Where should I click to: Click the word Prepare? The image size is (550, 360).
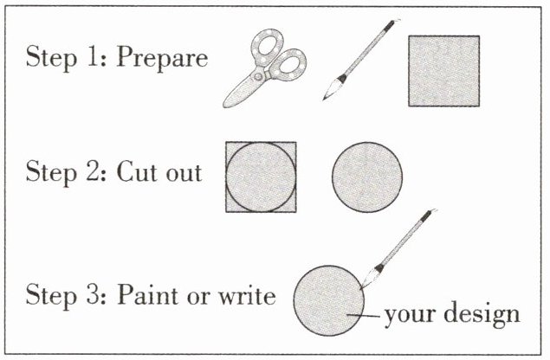tap(162, 58)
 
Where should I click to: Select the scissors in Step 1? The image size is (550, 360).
tap(265, 68)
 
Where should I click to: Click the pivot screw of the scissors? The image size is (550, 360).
tap(258, 76)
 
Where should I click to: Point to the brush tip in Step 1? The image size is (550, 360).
tap(324, 100)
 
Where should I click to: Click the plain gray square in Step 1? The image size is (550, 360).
tap(444, 71)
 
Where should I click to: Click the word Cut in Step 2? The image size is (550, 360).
tap(139, 171)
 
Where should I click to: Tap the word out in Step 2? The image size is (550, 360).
tap(184, 173)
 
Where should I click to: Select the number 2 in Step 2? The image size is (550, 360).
tap(93, 170)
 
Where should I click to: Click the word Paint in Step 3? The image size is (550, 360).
tap(147, 294)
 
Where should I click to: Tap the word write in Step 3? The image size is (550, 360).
tap(248, 295)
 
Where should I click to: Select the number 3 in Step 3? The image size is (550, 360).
tap(93, 294)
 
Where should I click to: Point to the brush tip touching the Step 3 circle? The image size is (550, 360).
tap(362, 288)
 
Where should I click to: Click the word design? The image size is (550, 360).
tap(482, 314)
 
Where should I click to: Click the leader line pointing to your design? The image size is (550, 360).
tap(364, 316)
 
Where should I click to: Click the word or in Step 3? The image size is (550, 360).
tap(199, 297)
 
